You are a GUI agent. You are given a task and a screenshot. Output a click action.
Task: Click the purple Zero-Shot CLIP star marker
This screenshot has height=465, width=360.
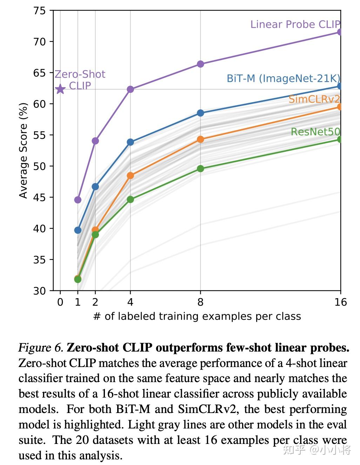pos(60,89)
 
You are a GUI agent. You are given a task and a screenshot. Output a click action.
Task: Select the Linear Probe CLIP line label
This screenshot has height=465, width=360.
pos(295,24)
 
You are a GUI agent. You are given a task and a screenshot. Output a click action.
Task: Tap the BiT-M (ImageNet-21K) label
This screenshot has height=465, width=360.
pos(283,78)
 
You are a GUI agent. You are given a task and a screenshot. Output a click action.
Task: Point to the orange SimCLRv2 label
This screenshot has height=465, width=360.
pos(314,99)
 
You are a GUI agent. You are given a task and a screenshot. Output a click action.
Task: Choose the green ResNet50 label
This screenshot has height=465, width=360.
pos(315,132)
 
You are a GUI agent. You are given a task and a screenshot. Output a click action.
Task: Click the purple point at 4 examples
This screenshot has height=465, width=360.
pos(130,89)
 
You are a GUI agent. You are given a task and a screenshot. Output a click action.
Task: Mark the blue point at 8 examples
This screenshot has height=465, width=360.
pos(200,113)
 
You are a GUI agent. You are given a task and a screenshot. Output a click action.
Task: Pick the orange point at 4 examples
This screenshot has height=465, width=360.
pos(130,175)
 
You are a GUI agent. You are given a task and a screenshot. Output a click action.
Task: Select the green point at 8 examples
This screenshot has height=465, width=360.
pos(200,169)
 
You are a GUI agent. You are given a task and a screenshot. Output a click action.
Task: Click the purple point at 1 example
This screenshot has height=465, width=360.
pos(78,200)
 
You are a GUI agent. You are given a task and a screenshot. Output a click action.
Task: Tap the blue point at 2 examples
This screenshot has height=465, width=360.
pos(95,186)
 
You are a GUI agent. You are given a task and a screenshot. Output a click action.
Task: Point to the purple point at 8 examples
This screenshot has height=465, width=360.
pos(200,64)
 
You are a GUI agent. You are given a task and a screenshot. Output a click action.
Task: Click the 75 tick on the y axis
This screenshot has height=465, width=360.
pos(40,11)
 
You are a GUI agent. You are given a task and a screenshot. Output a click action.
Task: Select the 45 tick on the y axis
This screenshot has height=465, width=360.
pos(40,197)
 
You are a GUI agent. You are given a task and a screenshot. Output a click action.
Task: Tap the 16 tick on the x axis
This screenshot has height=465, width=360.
pos(340,302)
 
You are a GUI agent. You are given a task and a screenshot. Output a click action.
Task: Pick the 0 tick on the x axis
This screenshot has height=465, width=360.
pos(60,302)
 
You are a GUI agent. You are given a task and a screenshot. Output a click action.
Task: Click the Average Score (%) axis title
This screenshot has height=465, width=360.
pos(23,150)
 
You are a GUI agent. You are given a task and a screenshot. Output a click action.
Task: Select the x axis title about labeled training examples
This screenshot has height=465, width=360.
pos(197,316)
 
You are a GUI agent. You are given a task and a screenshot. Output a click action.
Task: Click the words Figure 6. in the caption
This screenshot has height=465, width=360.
pos(41,348)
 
